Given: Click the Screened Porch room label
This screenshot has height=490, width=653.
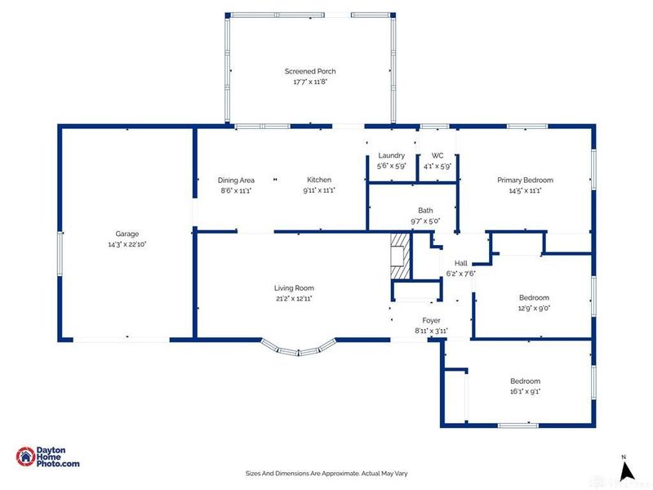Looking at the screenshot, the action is [310, 71].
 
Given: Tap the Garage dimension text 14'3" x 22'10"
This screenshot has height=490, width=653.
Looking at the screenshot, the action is [127, 244].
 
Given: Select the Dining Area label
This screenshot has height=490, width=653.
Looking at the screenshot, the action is [236, 180].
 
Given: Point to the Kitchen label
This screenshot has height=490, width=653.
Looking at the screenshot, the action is [319, 180].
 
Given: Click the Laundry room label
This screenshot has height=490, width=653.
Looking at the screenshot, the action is [392, 155].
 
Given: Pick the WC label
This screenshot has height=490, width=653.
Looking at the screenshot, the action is [438, 155].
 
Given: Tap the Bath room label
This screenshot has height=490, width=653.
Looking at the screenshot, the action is [425, 211].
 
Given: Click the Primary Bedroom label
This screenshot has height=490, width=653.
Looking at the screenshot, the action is [525, 180].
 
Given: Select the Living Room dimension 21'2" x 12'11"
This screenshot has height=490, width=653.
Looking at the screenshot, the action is [294, 298].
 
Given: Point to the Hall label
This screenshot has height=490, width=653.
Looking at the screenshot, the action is [460, 263].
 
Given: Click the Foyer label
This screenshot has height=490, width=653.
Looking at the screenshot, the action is [431, 320].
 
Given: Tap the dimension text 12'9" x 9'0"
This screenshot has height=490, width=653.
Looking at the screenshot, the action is [534, 309].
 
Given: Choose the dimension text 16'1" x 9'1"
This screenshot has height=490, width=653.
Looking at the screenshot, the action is [525, 392].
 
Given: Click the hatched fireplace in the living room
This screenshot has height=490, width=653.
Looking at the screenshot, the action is [401, 256].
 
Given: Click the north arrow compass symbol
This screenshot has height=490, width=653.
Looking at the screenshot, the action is [626, 470].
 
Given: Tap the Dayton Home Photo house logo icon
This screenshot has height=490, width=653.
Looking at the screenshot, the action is [26, 457].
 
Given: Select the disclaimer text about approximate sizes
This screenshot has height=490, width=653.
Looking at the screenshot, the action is [326, 474].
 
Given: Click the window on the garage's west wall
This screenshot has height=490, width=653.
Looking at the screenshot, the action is [60, 253].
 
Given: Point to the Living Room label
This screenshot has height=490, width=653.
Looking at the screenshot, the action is [294, 288].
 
